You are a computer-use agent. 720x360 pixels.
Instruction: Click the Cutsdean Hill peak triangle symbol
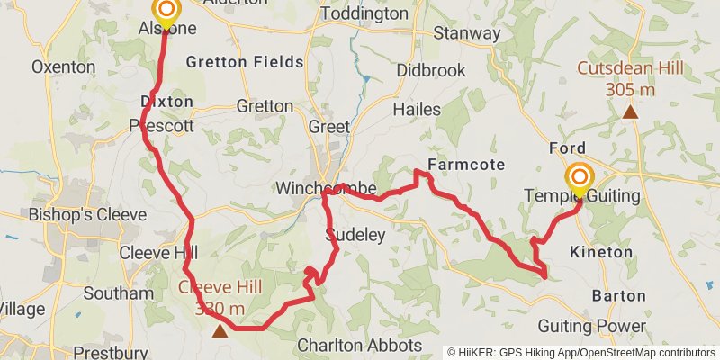click(631, 112)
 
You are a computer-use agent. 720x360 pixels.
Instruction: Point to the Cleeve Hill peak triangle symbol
click(220, 330)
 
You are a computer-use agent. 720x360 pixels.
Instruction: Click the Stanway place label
click(466, 33)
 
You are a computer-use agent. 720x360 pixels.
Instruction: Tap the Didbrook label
click(430, 70)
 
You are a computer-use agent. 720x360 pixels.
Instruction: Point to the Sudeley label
click(355, 236)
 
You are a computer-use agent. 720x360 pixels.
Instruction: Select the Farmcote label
click(466, 165)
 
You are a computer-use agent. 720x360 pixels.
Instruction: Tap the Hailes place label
click(417, 109)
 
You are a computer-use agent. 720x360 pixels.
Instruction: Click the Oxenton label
click(63, 67)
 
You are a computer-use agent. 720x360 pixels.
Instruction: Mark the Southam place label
click(118, 293)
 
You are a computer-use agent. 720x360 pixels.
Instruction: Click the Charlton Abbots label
click(360, 345)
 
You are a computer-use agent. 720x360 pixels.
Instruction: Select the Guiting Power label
click(592, 325)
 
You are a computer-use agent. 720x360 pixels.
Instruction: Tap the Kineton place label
click(601, 252)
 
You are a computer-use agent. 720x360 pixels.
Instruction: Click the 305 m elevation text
click(630, 89)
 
